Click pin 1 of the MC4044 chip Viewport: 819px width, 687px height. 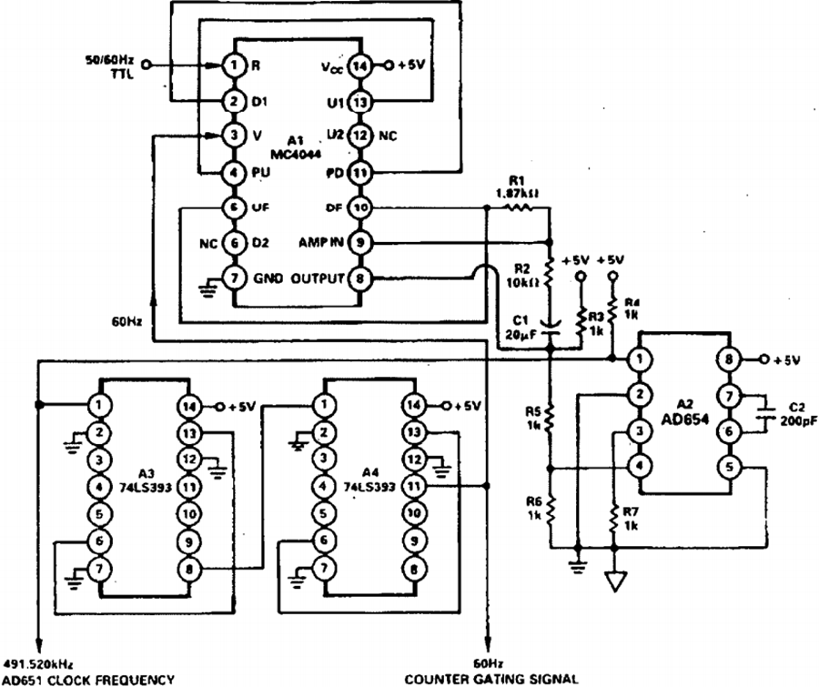(234, 66)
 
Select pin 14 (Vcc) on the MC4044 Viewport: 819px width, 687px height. (360, 66)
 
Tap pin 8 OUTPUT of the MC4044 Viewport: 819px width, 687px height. (360, 278)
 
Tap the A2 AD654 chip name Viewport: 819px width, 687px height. (690, 409)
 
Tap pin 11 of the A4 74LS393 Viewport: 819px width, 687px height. (415, 487)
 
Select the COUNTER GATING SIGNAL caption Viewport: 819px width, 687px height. (491, 678)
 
